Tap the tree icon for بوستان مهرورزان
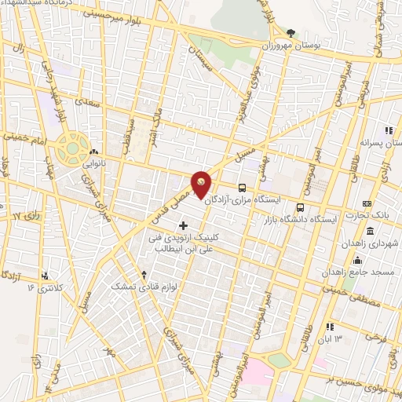pos(291,33)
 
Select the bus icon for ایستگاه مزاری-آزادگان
pos(242,188)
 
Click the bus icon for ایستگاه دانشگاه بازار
pos(300,208)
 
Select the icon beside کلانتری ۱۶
pos(45,276)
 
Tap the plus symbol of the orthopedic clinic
pos(184,226)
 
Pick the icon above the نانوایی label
pos(93,152)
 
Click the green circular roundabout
pos(72,147)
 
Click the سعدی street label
pos(85,100)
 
